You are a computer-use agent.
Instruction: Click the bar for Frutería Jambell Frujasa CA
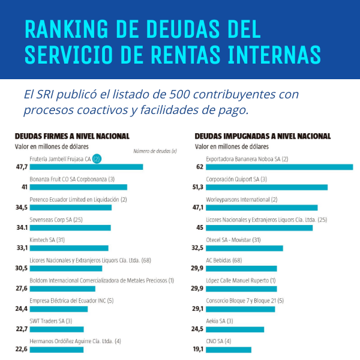pyautogui.click(x=86, y=167)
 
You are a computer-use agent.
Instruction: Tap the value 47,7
pyautogui.click(x=22, y=167)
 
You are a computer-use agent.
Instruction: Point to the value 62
pyautogui.click(x=200, y=167)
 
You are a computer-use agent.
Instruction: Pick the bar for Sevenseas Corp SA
pyautogui.click(x=70, y=227)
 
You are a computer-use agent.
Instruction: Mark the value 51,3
pyautogui.click(x=198, y=187)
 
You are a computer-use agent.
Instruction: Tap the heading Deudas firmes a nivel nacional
pyautogui.click(x=72, y=136)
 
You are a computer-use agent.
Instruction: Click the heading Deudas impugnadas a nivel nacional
pyautogui.click(x=262, y=136)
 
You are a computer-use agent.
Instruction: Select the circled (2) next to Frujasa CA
pyautogui.click(x=97, y=159)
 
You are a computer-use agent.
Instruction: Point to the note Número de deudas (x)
pyautogui.click(x=155, y=151)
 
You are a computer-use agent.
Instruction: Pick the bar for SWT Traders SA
pyautogui.click(x=57, y=329)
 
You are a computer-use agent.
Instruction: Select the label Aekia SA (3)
pyautogui.click(x=220, y=321)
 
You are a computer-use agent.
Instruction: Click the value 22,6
pyautogui.click(x=22, y=349)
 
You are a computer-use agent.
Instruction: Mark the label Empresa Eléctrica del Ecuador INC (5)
pyautogui.click(x=71, y=301)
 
